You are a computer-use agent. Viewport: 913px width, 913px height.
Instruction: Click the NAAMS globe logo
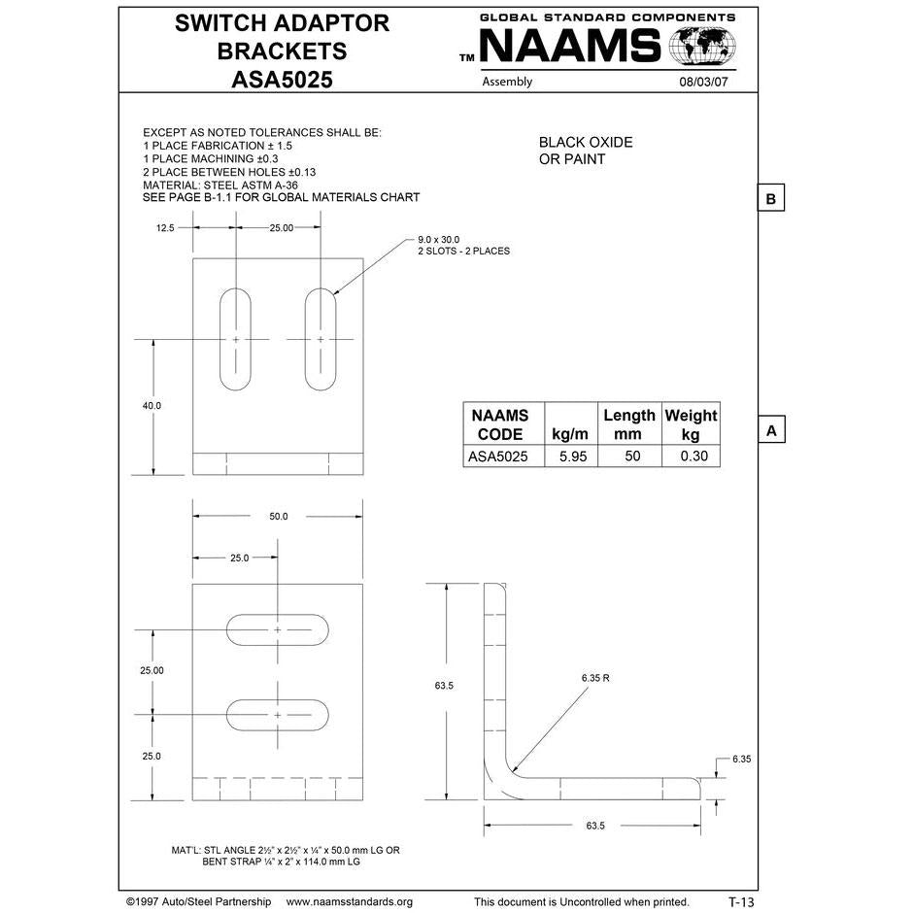(701, 47)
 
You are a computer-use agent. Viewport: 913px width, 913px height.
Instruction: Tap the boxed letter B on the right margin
(770, 198)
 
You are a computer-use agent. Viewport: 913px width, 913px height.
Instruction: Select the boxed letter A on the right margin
(770, 429)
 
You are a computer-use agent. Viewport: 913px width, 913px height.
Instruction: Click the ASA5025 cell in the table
(498, 456)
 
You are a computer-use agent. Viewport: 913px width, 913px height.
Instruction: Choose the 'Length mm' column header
(628, 424)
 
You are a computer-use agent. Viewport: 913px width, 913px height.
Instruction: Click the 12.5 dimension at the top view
(165, 227)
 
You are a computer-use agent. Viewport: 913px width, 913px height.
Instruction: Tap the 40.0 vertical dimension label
(152, 405)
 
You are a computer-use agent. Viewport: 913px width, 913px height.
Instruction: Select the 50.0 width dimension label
(278, 516)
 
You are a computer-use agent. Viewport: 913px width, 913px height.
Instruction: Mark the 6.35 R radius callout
(595, 677)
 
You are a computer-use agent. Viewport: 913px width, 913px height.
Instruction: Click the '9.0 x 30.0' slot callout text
(438, 239)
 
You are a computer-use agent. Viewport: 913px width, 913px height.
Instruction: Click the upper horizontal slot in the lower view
(277, 630)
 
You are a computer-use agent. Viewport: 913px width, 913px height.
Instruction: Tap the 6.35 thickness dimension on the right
(742, 758)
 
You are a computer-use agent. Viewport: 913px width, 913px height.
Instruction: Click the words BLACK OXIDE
(586, 142)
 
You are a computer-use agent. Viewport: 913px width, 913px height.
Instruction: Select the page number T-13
(740, 901)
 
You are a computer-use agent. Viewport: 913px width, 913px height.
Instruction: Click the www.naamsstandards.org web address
(350, 901)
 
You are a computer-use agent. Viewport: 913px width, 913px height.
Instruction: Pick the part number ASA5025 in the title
(282, 80)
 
